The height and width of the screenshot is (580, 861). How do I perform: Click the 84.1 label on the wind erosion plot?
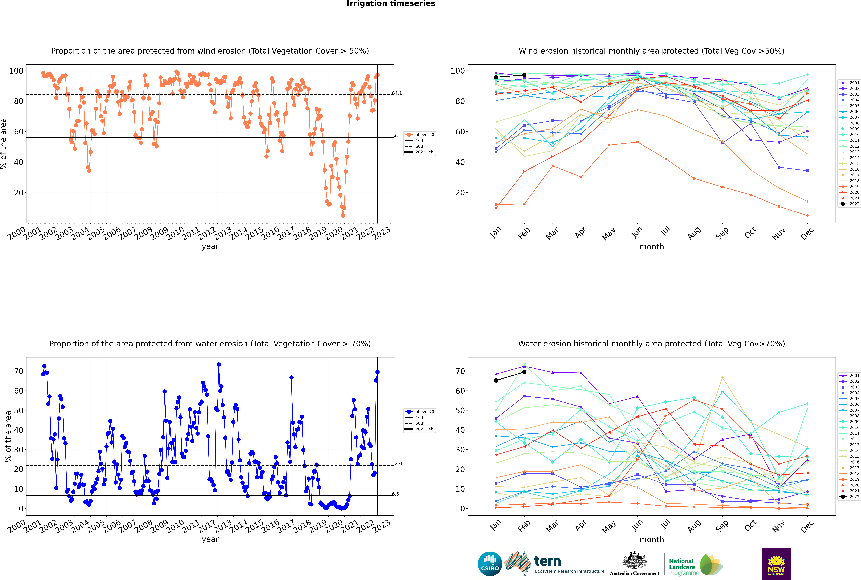coord(397,93)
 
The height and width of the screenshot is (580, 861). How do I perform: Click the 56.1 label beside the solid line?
coord(397,136)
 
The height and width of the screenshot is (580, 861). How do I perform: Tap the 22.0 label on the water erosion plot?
coord(397,464)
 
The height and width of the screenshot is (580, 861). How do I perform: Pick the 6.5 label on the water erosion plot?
coord(395,494)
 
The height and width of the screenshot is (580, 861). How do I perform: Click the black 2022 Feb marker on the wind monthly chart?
coord(524,75)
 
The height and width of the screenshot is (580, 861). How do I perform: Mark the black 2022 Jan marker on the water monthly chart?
coord(496,380)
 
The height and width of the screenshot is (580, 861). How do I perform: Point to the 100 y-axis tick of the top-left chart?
coord(16,71)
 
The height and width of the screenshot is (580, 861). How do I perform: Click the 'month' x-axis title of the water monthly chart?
coord(651,539)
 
